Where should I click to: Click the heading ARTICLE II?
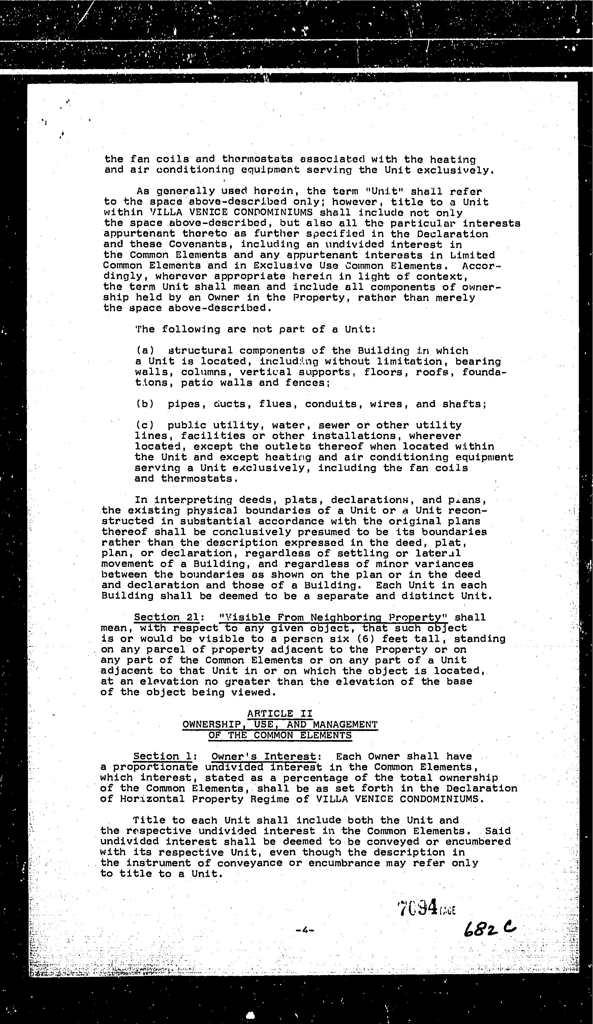click(x=280, y=713)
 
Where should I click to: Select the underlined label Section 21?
click(x=166, y=617)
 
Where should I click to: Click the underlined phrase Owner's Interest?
click(x=263, y=756)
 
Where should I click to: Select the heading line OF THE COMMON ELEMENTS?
click(x=280, y=735)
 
